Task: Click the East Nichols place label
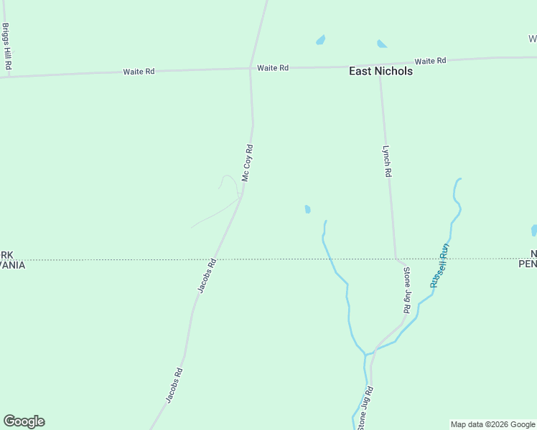(x=380, y=71)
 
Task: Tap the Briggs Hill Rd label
(x=6, y=46)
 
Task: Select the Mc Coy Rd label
(x=247, y=163)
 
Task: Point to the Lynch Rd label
(x=386, y=161)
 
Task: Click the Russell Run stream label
(x=439, y=266)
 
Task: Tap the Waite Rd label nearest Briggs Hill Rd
(x=139, y=72)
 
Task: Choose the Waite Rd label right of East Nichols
(x=431, y=61)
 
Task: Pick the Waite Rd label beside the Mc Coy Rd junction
(x=273, y=68)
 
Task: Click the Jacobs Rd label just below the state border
(x=207, y=276)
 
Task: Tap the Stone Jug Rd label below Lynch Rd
(x=406, y=290)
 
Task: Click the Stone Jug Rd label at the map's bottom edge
(x=365, y=408)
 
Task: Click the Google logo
(x=24, y=421)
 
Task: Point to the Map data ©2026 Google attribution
(x=493, y=424)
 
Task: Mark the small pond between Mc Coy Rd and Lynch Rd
(x=307, y=209)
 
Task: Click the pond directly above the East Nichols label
(x=381, y=44)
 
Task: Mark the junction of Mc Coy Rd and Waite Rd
(x=250, y=69)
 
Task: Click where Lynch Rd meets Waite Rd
(x=380, y=67)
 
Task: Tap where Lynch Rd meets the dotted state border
(x=396, y=259)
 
